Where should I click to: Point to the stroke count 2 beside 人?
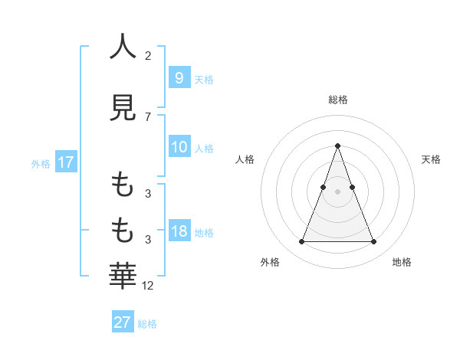(x=148, y=56)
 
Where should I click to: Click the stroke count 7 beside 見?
(x=148, y=116)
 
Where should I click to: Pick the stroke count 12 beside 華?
(x=148, y=286)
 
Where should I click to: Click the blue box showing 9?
(x=179, y=77)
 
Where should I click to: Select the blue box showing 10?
(x=179, y=147)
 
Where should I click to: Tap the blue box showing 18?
(x=179, y=231)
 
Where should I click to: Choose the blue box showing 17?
(x=65, y=162)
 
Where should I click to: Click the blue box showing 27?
(x=123, y=322)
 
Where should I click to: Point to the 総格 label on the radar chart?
(x=337, y=100)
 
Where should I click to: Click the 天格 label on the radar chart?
(x=432, y=159)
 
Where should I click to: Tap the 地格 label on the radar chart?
(x=402, y=262)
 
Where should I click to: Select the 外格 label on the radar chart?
(x=270, y=262)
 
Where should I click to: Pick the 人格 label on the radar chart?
(x=244, y=159)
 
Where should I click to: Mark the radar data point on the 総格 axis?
(x=337, y=146)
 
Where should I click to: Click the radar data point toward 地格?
(x=373, y=242)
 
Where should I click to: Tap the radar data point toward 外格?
(x=301, y=242)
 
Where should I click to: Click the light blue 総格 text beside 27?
(x=147, y=324)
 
